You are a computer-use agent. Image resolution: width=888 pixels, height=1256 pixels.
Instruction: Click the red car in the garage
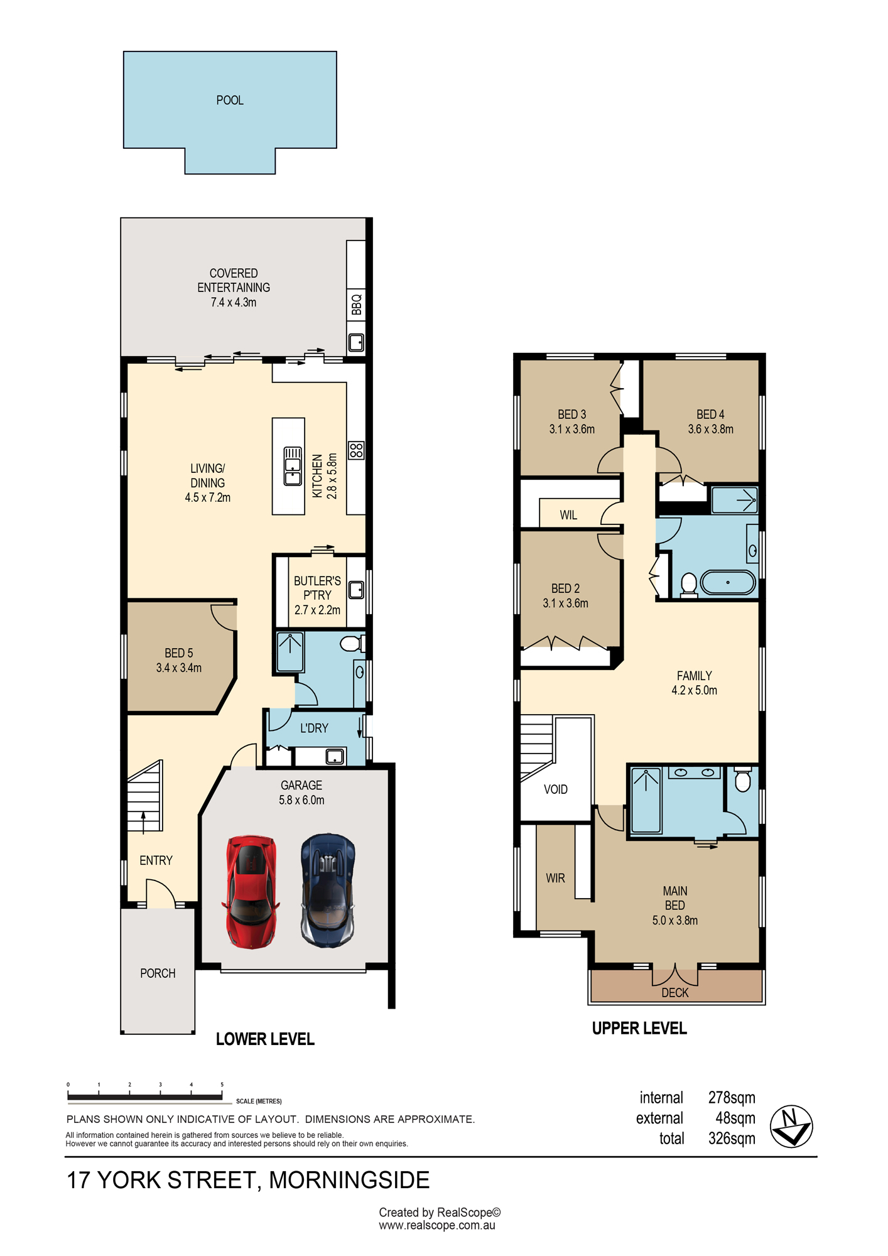[x=251, y=891]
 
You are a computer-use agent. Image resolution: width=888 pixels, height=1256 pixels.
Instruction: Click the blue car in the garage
[x=328, y=890]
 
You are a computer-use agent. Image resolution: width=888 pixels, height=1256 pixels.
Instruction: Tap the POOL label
[x=230, y=100]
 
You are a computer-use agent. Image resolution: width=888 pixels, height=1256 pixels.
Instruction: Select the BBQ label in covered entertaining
[x=357, y=305]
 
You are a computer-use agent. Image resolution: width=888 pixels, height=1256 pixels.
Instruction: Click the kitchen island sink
[x=293, y=466]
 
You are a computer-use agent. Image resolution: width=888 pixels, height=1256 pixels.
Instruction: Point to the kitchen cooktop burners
[x=356, y=450]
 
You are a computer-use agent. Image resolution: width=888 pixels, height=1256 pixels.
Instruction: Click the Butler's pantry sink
[x=356, y=590]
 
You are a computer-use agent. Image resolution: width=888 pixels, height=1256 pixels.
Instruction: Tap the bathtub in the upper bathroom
[x=728, y=582]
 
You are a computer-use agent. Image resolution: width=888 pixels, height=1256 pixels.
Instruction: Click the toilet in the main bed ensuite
[x=743, y=779]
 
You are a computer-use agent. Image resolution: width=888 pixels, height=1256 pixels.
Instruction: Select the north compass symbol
[x=791, y=1127]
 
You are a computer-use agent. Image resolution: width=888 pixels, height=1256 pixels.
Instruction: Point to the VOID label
[x=556, y=789]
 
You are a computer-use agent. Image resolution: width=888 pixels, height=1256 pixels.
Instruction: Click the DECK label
[x=675, y=993]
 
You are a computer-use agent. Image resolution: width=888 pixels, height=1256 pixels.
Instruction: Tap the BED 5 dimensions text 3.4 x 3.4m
[x=179, y=668]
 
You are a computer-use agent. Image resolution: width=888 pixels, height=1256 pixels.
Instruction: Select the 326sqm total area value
[x=732, y=1139]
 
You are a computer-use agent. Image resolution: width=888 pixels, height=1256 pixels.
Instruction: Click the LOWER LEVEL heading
[x=265, y=1039]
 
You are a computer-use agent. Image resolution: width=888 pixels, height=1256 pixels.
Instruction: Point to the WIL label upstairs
[x=568, y=515]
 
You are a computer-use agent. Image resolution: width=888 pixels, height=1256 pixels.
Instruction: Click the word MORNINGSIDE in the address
[x=349, y=1180]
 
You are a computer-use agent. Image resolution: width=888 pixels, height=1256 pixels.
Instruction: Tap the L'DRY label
[x=314, y=728]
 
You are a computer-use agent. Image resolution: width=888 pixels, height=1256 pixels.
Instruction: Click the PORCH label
[x=158, y=973]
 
